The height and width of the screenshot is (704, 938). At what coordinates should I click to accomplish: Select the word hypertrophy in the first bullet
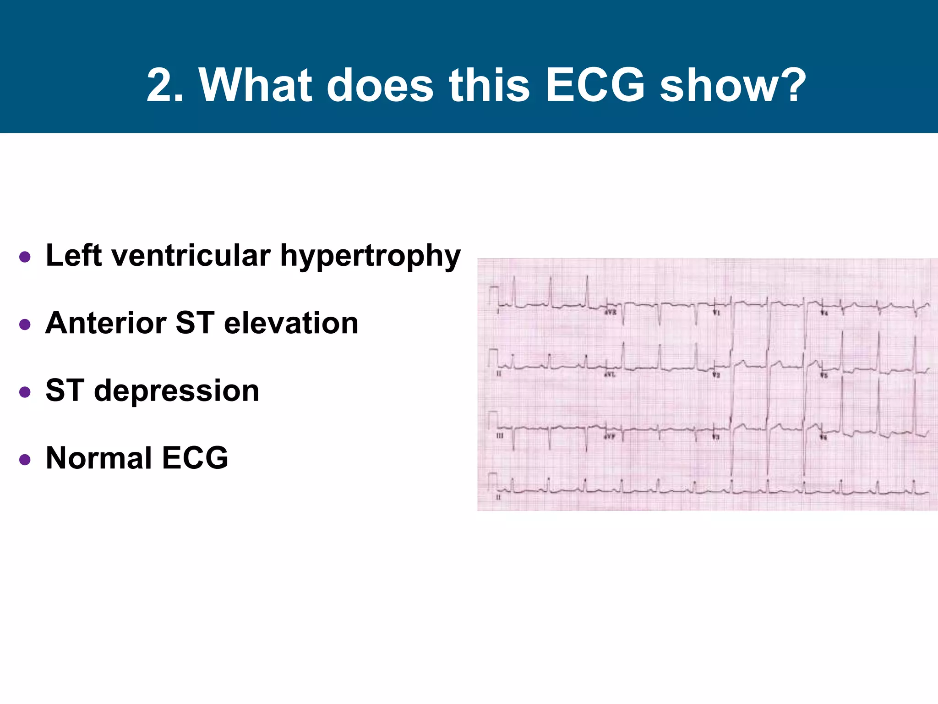[x=370, y=257]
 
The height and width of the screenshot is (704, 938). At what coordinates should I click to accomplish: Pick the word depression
[x=176, y=391]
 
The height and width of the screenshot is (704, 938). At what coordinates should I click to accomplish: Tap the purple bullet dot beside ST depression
[x=25, y=392]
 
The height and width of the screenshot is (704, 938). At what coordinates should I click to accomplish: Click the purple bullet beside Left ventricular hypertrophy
[x=25, y=257]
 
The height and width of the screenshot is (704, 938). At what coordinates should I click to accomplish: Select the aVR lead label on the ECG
[x=611, y=312]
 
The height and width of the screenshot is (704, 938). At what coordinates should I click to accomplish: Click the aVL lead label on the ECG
[x=610, y=375]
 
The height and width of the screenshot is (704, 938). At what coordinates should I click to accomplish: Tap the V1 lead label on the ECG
[x=716, y=313]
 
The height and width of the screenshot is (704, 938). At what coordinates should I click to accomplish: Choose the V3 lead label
[x=716, y=437]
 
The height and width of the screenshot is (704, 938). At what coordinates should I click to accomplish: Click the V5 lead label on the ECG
[x=823, y=375]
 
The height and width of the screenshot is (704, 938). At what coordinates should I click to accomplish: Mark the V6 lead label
[x=823, y=438]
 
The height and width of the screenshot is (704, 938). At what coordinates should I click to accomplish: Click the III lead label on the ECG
[x=500, y=435]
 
